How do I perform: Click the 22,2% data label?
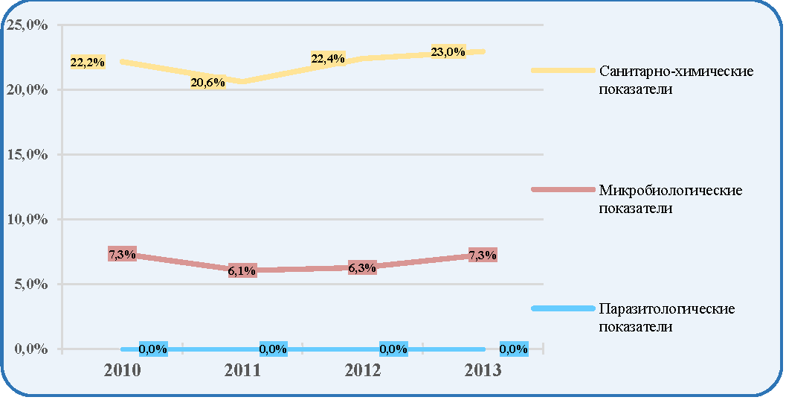click(x=88, y=63)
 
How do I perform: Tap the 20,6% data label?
click(x=207, y=82)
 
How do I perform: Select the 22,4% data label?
click(x=328, y=59)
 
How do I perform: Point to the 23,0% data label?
click(x=448, y=51)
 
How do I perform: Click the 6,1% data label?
click(x=242, y=271)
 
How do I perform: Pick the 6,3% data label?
click(x=362, y=268)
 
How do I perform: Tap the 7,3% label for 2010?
click(x=122, y=255)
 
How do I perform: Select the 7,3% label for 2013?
click(x=482, y=255)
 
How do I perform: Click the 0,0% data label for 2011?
click(x=273, y=349)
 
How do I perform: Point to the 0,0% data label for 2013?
click(x=514, y=349)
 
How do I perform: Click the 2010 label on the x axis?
click(x=122, y=371)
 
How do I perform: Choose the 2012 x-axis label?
click(x=363, y=371)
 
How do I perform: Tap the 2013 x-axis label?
click(x=483, y=371)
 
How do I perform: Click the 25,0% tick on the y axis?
click(x=28, y=25)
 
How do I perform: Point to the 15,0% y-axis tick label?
click(x=28, y=155)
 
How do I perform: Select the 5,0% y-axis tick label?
click(x=31, y=284)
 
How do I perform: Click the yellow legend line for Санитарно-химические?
click(x=563, y=71)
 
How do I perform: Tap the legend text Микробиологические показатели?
click(x=670, y=199)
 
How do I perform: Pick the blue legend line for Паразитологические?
click(x=563, y=308)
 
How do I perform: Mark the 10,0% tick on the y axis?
click(x=28, y=219)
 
